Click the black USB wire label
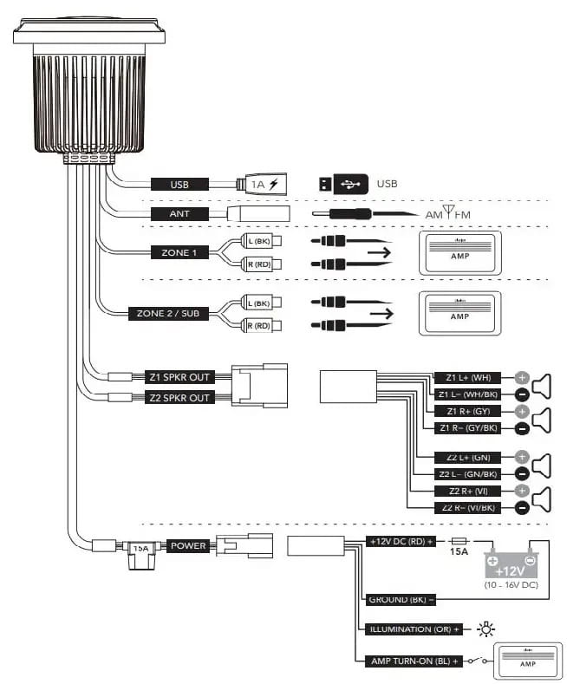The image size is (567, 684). tap(179, 184)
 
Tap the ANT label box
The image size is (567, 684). tap(179, 213)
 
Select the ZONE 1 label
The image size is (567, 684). tap(179, 252)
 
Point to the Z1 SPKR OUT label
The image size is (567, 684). tap(179, 377)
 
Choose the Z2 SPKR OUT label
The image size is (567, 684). tap(179, 398)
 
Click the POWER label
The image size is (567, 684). tap(188, 546)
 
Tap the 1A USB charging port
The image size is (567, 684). tap(261, 184)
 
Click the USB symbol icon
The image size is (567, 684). tap(344, 184)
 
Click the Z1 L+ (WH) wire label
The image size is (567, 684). tap(467, 378)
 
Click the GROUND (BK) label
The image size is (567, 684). tap(401, 599)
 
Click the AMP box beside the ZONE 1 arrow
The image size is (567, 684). tap(459, 253)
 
